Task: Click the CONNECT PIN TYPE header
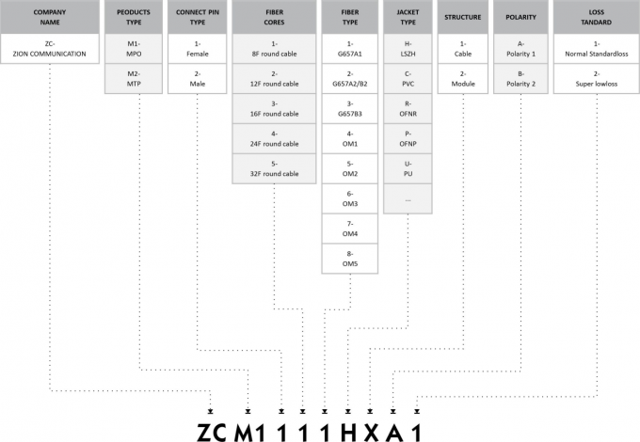click(x=197, y=17)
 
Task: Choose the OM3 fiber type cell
click(x=349, y=198)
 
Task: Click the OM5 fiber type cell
click(x=349, y=259)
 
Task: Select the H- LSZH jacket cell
click(x=408, y=49)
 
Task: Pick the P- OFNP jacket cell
click(x=408, y=138)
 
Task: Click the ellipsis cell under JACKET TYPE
click(x=408, y=198)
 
